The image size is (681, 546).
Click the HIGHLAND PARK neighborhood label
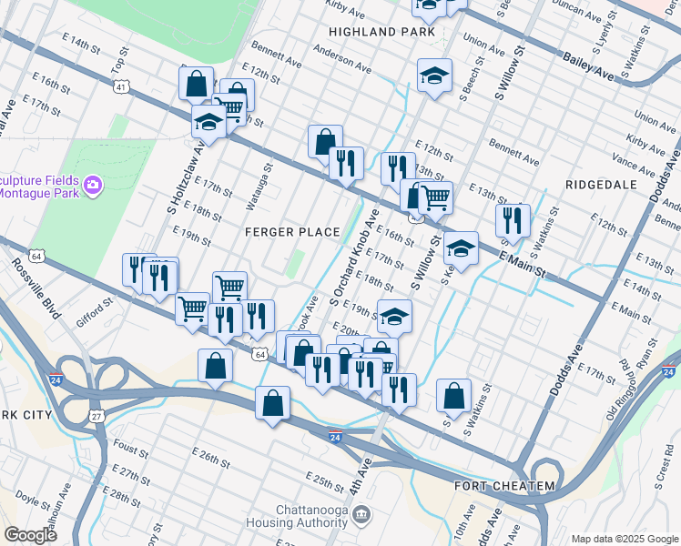pyautogui.click(x=376, y=32)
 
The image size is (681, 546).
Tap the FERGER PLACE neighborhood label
pyautogui.click(x=292, y=232)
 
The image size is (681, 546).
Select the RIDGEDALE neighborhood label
pyautogui.click(x=601, y=183)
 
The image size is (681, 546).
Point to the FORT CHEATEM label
pyautogui.click(x=503, y=486)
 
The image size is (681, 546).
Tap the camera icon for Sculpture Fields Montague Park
pyautogui.click(x=93, y=186)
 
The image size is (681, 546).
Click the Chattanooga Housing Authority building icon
pyautogui.click(x=362, y=516)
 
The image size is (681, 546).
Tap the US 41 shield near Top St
pyautogui.click(x=122, y=86)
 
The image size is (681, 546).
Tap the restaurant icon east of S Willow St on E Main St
pyautogui.click(x=513, y=220)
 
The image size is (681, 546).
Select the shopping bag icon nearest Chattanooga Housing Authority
pyautogui.click(x=272, y=403)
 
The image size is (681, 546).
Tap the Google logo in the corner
pyautogui.click(x=31, y=534)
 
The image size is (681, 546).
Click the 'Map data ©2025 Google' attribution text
pyautogui.click(x=624, y=539)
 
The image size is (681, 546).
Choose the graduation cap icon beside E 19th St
pyautogui.click(x=394, y=317)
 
